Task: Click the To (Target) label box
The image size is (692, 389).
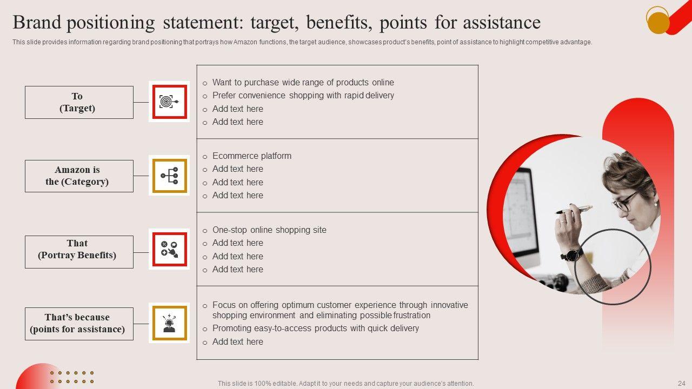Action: pos(79,102)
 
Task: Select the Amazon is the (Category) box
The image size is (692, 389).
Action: pos(79,176)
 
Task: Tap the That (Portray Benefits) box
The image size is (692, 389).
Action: pos(79,252)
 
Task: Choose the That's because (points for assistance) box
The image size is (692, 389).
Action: pos(79,324)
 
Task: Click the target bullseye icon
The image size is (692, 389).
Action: pos(169,102)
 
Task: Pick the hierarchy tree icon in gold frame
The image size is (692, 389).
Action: pos(169,176)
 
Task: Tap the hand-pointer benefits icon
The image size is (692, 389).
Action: pos(169,249)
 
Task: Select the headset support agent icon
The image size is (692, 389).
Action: pos(169,323)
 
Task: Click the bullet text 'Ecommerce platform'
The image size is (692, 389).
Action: pos(252,156)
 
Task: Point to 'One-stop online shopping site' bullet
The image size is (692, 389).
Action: pos(269,230)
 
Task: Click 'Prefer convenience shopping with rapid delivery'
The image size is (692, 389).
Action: pos(303,96)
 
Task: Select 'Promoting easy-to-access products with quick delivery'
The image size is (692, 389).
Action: pos(315,328)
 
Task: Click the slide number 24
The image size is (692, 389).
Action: pos(682,383)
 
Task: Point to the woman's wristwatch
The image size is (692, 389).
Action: pos(572,255)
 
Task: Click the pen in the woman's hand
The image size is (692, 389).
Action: pos(574,210)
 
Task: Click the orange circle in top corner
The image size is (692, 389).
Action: pos(658,23)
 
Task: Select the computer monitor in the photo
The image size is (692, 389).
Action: pos(522,216)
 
